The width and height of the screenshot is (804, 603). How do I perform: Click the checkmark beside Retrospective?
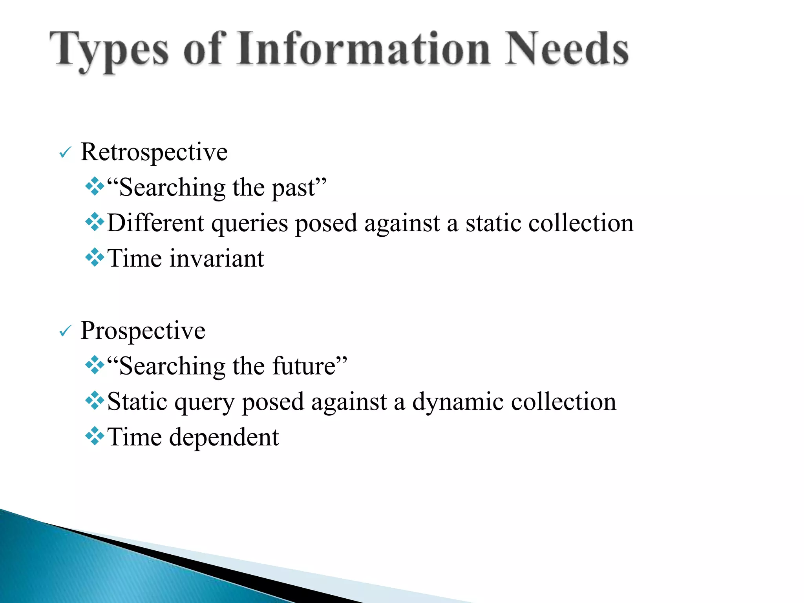tap(64, 153)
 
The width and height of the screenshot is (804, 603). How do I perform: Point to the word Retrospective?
tap(154, 152)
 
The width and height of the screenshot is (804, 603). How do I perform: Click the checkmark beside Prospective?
tap(64, 332)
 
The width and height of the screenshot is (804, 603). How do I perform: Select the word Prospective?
tap(143, 331)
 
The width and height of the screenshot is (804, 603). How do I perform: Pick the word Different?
tap(155, 223)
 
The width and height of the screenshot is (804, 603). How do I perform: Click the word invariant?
tap(217, 259)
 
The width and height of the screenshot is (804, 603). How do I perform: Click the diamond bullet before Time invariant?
tap(95, 258)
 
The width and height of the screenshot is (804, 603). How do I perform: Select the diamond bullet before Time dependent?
tap(95, 437)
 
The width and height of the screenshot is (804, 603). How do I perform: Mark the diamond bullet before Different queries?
tap(95, 223)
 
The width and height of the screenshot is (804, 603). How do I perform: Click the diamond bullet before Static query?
tap(95, 401)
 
